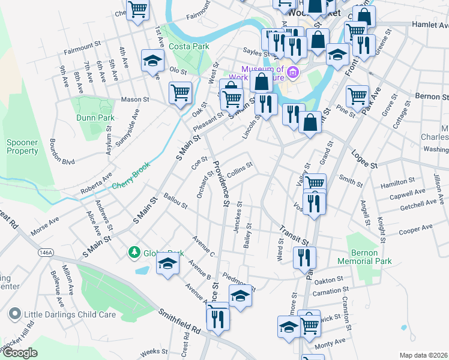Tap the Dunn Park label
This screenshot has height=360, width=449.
coord(95,118)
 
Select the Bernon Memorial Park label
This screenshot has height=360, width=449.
coord(364,257)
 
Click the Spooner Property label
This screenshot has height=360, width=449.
coord(22,147)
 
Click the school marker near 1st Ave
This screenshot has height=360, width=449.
coord(152,61)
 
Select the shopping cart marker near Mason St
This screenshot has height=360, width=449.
coord(180,93)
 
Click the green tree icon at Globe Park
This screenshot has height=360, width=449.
coord(134,253)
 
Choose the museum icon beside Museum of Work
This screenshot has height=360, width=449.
coord(293,73)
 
